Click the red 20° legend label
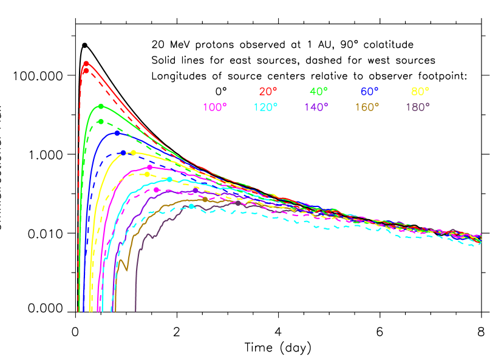pos(268,92)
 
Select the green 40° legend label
pos(319,92)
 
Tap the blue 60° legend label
pos(369,92)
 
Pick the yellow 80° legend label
pos(420,92)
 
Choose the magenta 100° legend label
pos(215,107)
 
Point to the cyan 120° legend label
pos(265,107)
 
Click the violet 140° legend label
pos(316,107)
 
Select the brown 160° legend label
pos(367,107)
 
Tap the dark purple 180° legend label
pos(418,107)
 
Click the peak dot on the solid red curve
pos(86,63)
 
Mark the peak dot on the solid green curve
pos(101,106)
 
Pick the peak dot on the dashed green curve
pos(101,121)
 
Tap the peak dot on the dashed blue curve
pos(124,152)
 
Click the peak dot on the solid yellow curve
pos(134,152)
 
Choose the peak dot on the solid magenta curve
pos(150,167)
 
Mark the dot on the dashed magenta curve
pos(157,190)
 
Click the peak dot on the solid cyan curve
pos(169,179)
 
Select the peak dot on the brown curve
pos(205,199)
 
